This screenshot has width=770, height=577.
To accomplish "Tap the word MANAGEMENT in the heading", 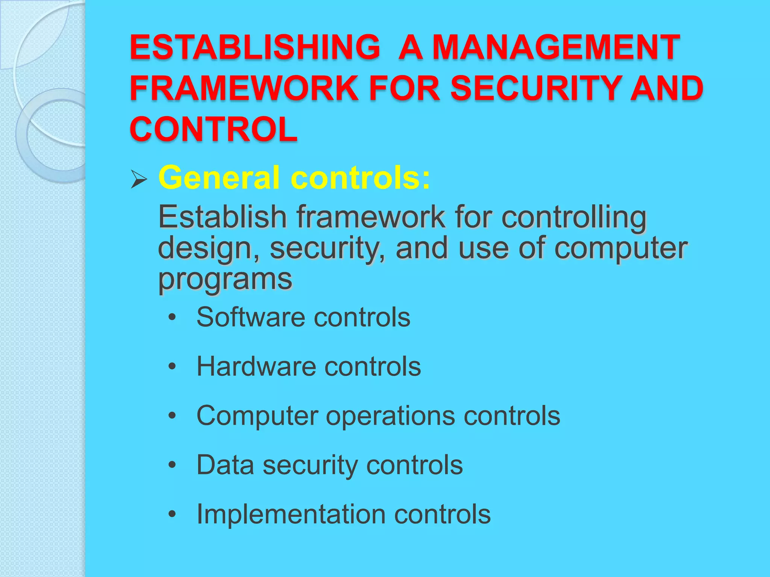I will point(556,47).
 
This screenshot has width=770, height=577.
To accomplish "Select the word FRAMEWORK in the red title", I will point(244,88).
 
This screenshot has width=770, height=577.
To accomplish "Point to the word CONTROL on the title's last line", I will point(214,129).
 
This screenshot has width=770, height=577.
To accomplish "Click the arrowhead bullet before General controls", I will point(139,179).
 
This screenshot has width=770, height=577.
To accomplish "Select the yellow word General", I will point(219,177).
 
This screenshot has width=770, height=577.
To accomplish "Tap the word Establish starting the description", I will point(222,217).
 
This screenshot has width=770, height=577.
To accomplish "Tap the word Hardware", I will point(256,367).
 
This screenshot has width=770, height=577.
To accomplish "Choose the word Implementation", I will point(291,514).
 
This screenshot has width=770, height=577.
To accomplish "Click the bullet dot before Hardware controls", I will point(172,367).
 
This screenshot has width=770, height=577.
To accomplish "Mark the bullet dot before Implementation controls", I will point(172,514).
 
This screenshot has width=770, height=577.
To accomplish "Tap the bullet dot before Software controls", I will point(172,317).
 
